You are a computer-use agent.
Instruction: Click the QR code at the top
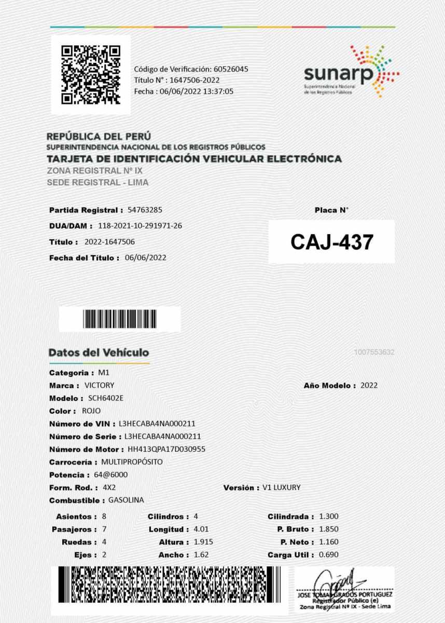click(x=91, y=75)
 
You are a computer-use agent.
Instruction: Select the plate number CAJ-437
click(x=331, y=242)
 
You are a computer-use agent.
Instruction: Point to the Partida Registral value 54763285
click(x=145, y=210)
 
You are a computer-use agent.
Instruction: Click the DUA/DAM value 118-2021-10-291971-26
click(x=140, y=226)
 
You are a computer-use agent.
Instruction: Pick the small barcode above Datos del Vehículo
click(x=119, y=319)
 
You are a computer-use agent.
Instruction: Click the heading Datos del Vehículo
click(x=99, y=353)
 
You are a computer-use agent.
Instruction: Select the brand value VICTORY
click(x=99, y=385)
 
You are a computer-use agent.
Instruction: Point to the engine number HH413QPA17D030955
click(x=166, y=449)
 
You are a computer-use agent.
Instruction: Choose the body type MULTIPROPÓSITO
click(x=132, y=462)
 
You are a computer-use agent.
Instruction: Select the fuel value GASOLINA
click(x=126, y=500)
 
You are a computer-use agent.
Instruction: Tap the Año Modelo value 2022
click(x=369, y=385)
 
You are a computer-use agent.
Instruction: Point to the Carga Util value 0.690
click(x=328, y=555)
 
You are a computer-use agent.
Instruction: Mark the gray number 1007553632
click(x=374, y=353)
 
